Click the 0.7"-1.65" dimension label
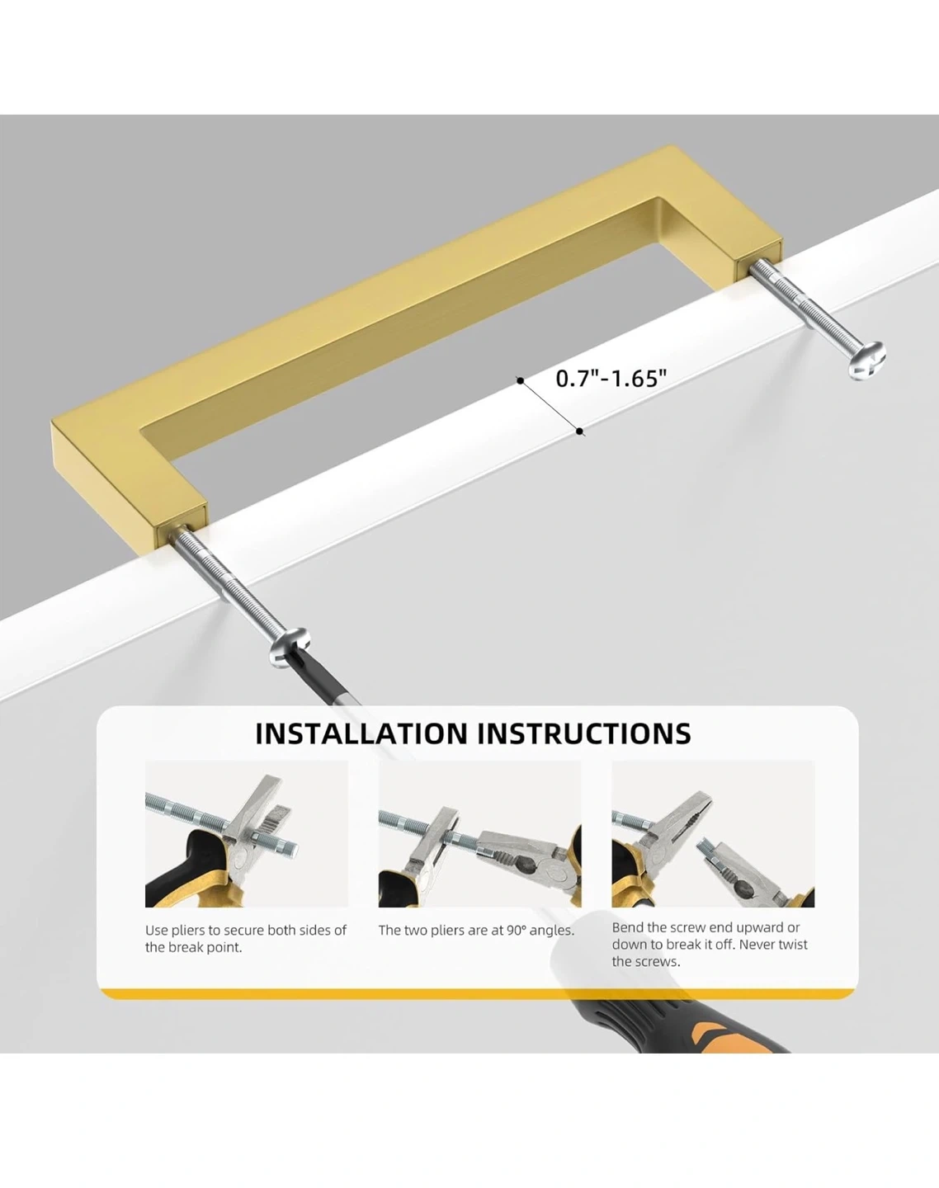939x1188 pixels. coord(611,379)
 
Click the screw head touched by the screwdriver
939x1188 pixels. coord(289,647)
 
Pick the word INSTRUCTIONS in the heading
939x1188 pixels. coord(584,733)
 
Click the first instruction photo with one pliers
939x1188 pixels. coord(247,833)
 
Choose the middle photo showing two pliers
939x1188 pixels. coord(479,833)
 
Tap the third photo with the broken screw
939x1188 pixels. coord(713,833)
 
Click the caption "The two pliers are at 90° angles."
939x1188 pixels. coord(476,931)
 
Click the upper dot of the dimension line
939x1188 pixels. coord(520,380)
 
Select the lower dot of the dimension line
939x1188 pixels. coord(579,431)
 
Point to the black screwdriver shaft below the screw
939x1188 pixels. coord(326,681)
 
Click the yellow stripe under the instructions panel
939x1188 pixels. coord(478,993)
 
